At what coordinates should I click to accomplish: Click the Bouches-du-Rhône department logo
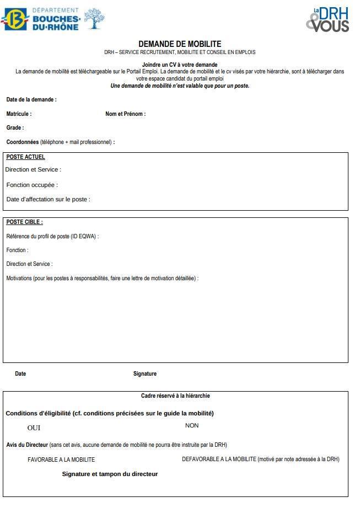(53, 19)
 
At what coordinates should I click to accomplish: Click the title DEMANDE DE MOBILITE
(180, 44)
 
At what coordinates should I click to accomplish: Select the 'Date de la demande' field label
(31, 100)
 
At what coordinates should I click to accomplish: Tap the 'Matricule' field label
(19, 114)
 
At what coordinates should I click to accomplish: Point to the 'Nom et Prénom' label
(125, 114)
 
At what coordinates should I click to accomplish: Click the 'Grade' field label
(15, 128)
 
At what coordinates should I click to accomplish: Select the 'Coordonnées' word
(23, 142)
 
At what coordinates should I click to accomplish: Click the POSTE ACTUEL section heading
(25, 157)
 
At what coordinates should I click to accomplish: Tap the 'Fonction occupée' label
(32, 185)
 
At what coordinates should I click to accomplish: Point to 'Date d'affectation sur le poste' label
(48, 200)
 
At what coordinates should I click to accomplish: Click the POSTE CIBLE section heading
(24, 222)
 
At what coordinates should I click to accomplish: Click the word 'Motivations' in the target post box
(19, 279)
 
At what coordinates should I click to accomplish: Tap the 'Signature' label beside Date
(144, 374)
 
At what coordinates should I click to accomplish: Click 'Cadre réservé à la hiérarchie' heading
(175, 396)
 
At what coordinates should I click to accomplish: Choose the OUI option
(34, 428)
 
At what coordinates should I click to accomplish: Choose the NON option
(192, 426)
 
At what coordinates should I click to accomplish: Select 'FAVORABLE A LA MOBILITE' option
(61, 459)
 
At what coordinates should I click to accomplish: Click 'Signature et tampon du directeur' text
(110, 474)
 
